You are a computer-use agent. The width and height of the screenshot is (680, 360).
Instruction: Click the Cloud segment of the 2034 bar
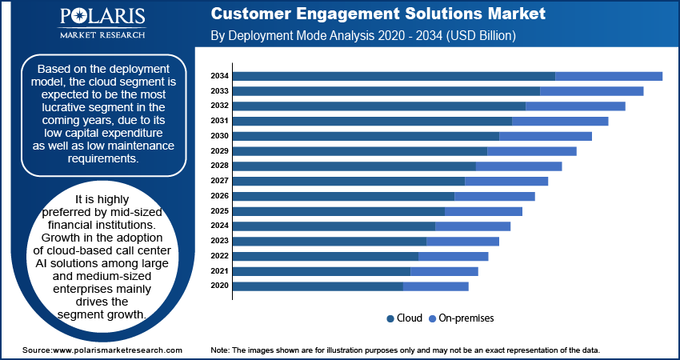(394, 76)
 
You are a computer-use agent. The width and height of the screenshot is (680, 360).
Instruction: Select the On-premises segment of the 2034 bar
(609, 76)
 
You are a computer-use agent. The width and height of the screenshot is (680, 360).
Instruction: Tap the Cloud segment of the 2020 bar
(318, 286)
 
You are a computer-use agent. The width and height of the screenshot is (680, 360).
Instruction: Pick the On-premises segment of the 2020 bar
(436, 286)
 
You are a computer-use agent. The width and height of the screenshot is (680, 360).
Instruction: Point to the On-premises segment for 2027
(506, 182)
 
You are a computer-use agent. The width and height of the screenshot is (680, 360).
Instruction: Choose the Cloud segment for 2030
(366, 136)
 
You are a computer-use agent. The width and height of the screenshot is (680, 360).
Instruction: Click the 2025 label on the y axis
(219, 211)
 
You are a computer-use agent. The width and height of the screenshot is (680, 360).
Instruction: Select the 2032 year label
(219, 106)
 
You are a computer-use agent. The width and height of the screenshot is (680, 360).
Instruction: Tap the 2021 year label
(219, 271)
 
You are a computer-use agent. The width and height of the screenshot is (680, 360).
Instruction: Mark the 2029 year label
(219, 151)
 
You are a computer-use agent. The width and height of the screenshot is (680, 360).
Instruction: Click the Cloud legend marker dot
(390, 318)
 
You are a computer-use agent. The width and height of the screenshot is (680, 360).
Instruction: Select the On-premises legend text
(466, 318)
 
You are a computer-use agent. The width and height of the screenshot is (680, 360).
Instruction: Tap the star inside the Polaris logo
(80, 17)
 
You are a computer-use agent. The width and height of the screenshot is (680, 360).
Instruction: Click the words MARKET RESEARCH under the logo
(102, 34)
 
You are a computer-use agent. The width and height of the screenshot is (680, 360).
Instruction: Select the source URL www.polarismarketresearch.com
(118, 350)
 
